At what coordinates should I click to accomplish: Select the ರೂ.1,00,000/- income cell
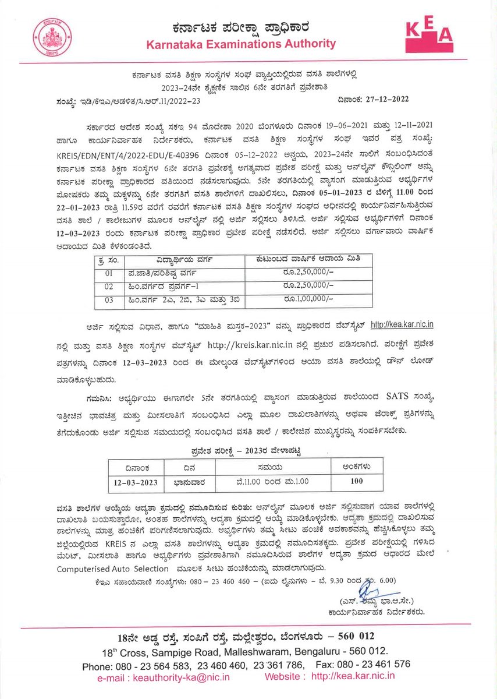[310, 299]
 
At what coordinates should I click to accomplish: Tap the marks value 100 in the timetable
[357, 481]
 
